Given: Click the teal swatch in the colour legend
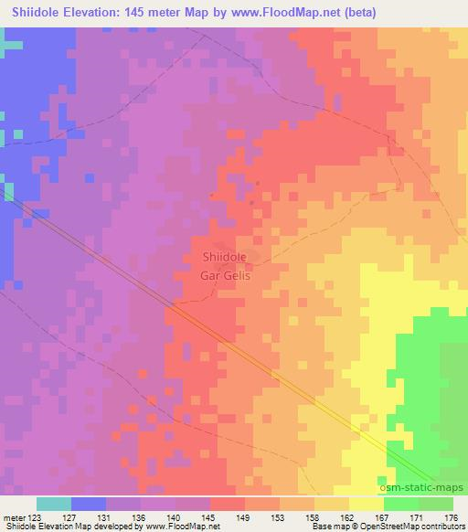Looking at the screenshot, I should coord(54,504).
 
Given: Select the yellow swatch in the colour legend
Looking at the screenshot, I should coord(366,504).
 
